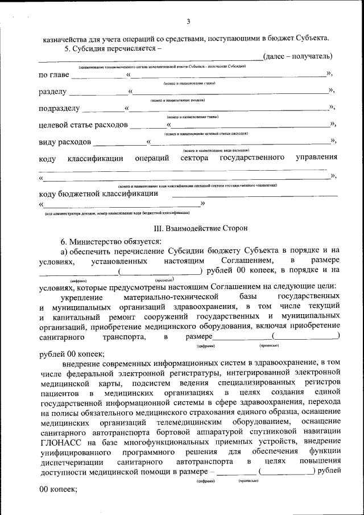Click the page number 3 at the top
188,22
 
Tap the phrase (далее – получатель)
299,56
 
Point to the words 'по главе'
55,75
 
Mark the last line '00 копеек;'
58,489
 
